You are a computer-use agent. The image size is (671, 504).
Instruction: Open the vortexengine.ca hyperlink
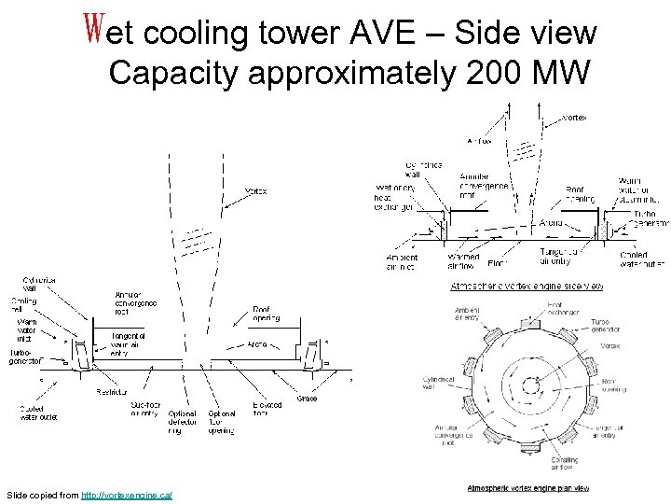point(126,493)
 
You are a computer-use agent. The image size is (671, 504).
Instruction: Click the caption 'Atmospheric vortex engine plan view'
point(527,488)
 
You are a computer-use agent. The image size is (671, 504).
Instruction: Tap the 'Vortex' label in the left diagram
point(255,191)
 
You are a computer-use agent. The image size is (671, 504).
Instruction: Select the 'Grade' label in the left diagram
point(307,399)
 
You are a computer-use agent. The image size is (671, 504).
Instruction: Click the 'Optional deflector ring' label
point(181,422)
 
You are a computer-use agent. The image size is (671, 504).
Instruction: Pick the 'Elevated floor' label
point(267,410)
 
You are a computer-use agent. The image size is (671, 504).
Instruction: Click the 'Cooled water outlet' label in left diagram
point(39,413)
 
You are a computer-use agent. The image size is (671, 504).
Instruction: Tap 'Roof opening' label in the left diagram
point(267,314)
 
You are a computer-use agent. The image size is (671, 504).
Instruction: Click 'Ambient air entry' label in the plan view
point(467,314)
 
